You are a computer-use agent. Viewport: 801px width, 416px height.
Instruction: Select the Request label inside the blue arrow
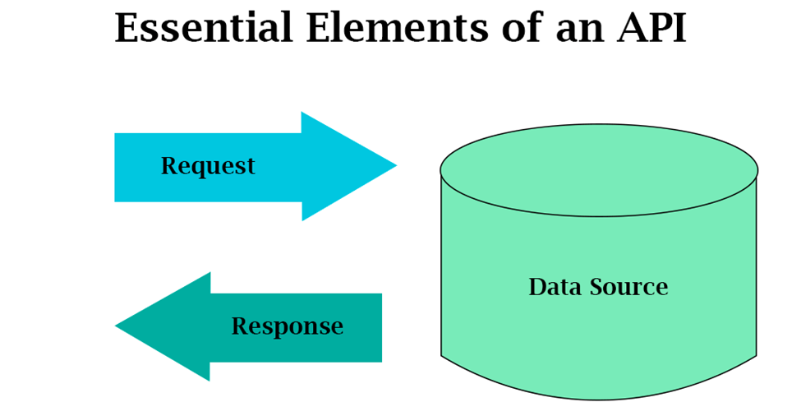(208, 166)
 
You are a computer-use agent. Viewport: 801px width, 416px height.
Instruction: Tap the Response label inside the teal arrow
(287, 326)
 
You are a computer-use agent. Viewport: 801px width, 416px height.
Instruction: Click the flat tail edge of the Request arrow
(116, 167)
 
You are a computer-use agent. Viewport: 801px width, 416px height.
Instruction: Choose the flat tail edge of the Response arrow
(380, 327)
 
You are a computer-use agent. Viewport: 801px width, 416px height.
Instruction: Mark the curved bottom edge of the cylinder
(598, 400)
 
